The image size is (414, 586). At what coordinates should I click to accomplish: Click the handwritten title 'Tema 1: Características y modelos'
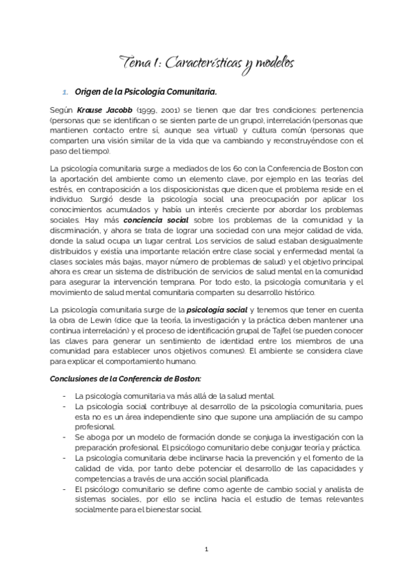(208, 63)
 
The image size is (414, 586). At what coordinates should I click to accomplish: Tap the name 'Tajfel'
(304, 332)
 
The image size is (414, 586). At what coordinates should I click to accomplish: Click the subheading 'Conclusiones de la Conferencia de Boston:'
(126, 378)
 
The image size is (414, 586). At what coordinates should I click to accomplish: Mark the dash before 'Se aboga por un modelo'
(63, 436)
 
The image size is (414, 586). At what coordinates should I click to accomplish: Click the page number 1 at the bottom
(206, 549)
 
